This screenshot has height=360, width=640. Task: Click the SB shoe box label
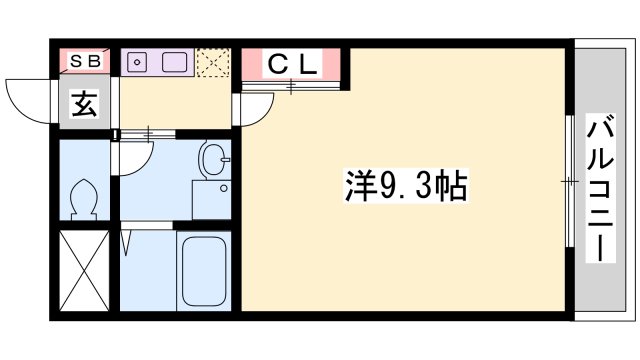point(85,61)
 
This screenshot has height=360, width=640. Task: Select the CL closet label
point(292,65)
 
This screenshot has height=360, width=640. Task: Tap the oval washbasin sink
point(212,158)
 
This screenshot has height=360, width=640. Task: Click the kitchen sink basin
point(175,61)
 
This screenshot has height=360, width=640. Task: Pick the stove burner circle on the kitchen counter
point(138,61)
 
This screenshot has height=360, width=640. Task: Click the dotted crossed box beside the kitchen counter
point(212,61)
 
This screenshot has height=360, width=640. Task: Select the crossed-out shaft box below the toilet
point(84,273)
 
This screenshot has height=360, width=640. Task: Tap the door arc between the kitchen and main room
point(250,109)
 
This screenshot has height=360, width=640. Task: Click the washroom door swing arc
point(137,155)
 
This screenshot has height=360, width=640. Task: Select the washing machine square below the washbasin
point(212,197)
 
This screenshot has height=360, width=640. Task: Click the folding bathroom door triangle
point(126,241)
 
